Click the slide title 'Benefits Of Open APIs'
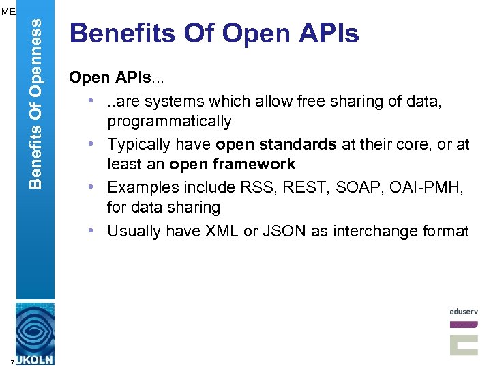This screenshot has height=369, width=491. (214, 33)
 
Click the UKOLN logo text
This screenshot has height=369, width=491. (35, 359)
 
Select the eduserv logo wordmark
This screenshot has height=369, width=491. (464, 312)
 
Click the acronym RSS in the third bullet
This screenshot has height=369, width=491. (252, 187)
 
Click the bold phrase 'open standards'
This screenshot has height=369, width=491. (276, 144)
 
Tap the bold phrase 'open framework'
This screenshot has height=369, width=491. (232, 164)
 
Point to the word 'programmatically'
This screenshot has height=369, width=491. (169, 122)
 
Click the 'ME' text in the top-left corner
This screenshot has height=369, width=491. (8, 12)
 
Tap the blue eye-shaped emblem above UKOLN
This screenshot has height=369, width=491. (35, 329)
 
